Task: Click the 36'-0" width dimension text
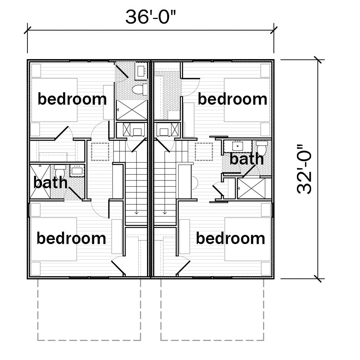point(150,17)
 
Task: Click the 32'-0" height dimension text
point(304,169)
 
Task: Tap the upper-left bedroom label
point(72,99)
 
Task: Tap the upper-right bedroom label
point(232,99)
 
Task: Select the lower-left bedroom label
point(71,238)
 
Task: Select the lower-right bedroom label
point(231,238)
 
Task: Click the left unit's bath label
point(50,182)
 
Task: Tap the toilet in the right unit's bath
point(262,148)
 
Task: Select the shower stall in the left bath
point(40,181)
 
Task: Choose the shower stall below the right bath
point(251,189)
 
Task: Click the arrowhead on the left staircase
point(136,213)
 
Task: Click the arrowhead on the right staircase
point(164,213)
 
